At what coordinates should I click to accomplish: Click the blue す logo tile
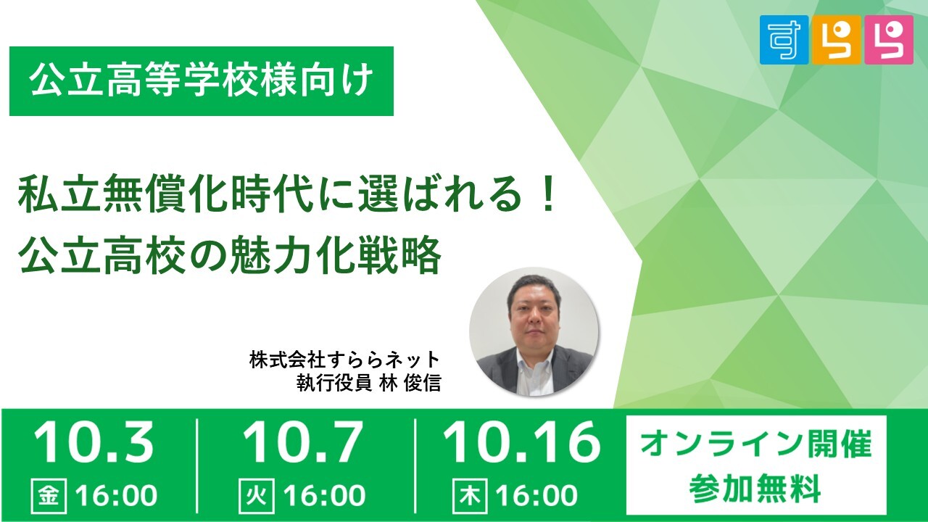[784, 40]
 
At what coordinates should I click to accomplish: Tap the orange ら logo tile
[837, 40]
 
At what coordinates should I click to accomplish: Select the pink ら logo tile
[889, 40]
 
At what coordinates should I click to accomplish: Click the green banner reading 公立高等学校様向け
[202, 80]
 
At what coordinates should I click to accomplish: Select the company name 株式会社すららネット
[344, 360]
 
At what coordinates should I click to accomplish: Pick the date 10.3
[94, 442]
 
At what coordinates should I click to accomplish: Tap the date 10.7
[302, 442]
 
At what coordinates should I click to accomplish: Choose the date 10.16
[521, 442]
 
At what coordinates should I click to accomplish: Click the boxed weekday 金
[49, 495]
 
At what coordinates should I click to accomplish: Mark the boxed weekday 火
[257, 495]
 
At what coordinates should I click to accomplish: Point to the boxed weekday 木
[471, 495]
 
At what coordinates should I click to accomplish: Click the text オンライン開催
[755, 444]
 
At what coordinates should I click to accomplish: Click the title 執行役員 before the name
[333, 384]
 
